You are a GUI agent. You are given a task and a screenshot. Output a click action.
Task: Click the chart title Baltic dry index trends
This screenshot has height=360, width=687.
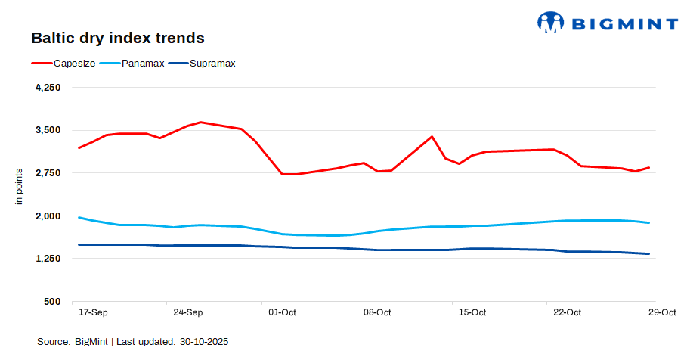tap(117, 37)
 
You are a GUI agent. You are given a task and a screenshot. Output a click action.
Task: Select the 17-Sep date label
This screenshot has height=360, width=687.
tap(93, 312)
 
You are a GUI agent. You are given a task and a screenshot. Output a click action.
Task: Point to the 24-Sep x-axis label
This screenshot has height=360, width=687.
tap(187, 312)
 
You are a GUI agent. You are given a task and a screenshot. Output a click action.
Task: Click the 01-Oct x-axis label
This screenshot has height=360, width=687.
tap(282, 312)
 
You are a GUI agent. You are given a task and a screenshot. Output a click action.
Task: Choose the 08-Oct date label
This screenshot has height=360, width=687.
tap(377, 312)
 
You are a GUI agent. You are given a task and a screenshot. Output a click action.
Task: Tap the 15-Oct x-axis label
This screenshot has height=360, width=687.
tap(472, 312)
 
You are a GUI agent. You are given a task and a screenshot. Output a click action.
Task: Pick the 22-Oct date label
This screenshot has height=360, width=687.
tap(567, 312)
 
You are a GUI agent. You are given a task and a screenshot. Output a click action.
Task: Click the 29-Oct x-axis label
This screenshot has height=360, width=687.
tap(662, 312)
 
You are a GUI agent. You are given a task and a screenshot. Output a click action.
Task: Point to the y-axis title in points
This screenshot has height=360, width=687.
tap(20, 187)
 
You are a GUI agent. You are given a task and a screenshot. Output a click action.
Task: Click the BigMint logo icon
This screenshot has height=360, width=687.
tap(550, 22)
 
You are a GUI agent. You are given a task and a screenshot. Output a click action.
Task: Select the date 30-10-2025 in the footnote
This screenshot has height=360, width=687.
tap(204, 342)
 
